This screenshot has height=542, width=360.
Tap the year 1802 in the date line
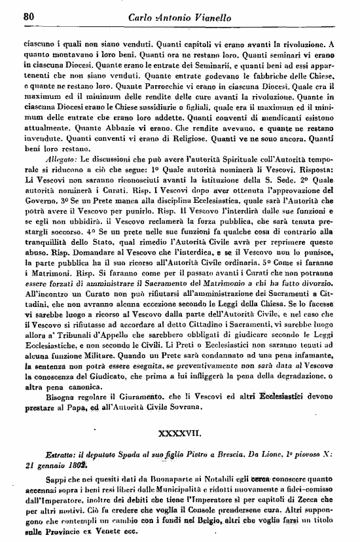click(78, 467)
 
